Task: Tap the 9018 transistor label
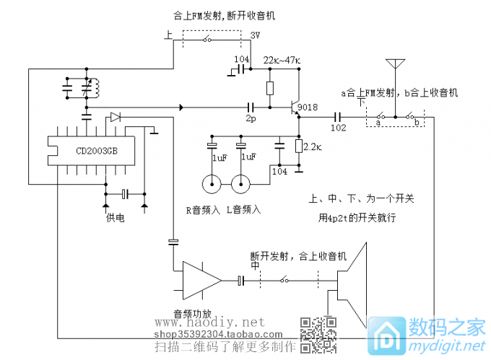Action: point(307,107)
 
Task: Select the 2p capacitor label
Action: point(251,118)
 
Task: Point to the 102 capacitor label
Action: point(338,128)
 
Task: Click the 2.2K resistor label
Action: point(313,147)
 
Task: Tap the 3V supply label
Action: point(256,35)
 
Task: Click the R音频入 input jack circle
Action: point(212,185)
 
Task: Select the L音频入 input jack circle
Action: point(240,185)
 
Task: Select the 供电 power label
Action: point(116,217)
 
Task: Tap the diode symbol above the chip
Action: point(116,117)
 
